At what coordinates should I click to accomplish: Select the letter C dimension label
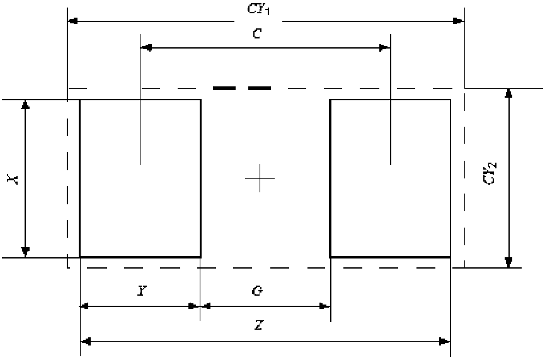[256, 35]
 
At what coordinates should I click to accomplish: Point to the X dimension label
[12, 180]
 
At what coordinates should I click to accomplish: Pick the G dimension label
[256, 291]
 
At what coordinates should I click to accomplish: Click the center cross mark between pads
[259, 180]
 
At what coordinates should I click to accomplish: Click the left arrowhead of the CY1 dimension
[72, 21]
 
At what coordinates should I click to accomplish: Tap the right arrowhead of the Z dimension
[445, 342]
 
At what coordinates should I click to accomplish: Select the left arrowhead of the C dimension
[146, 48]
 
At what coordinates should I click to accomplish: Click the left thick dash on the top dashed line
[224, 88]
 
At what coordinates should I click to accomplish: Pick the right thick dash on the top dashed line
[259, 88]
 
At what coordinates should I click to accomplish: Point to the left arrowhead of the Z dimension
[86, 342]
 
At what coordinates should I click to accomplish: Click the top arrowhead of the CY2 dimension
[509, 94]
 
